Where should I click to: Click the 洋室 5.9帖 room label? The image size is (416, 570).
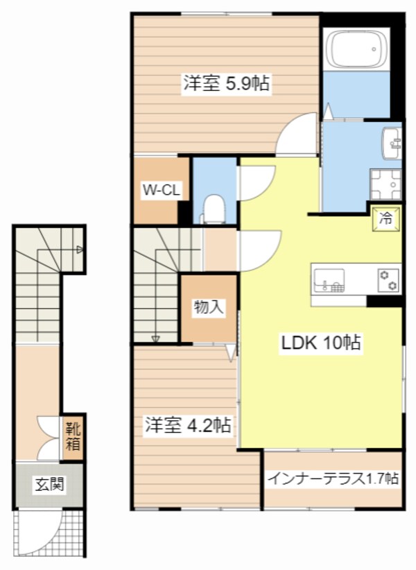tap(226, 84)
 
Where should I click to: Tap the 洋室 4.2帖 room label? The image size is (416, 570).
tap(187, 424)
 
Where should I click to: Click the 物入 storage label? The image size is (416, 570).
tap(209, 307)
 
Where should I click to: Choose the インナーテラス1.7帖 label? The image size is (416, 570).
tap(333, 478)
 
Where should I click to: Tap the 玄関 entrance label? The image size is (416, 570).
tap(49, 483)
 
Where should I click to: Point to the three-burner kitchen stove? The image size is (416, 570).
tap(388, 279)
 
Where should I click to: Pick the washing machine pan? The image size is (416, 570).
tap(385, 185)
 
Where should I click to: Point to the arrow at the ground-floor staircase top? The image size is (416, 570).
tap(80, 249)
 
